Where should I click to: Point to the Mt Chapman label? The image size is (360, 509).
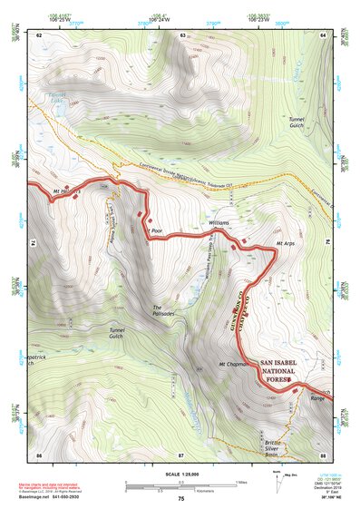(x=233, y=364)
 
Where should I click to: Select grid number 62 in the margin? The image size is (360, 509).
(x=39, y=34)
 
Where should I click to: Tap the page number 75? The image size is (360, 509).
(x=180, y=499)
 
